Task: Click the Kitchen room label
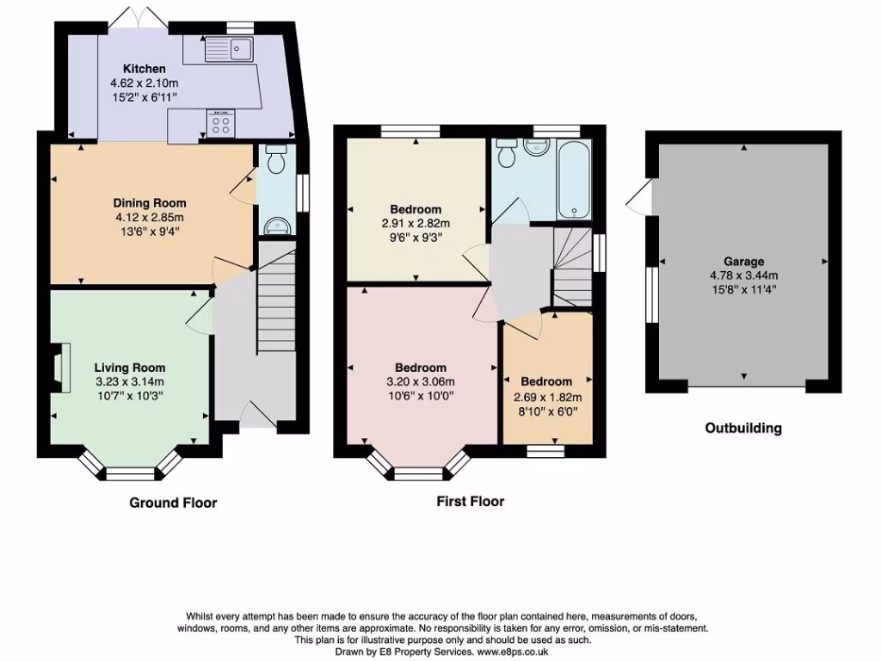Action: (x=144, y=69)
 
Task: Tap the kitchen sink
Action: (x=229, y=49)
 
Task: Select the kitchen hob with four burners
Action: (x=219, y=126)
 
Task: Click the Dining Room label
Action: (x=150, y=203)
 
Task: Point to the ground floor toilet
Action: (x=276, y=161)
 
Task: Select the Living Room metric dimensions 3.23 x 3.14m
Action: (x=129, y=382)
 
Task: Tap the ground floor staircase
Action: (x=276, y=301)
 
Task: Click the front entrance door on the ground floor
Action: (x=256, y=416)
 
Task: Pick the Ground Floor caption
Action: (x=173, y=503)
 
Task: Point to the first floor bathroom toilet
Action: (x=507, y=153)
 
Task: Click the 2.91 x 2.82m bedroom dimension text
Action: (x=416, y=223)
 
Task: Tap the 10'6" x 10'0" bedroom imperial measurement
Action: (x=422, y=396)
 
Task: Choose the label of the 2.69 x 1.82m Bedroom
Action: (x=546, y=381)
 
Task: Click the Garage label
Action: (x=743, y=262)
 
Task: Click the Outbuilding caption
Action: (x=743, y=428)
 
